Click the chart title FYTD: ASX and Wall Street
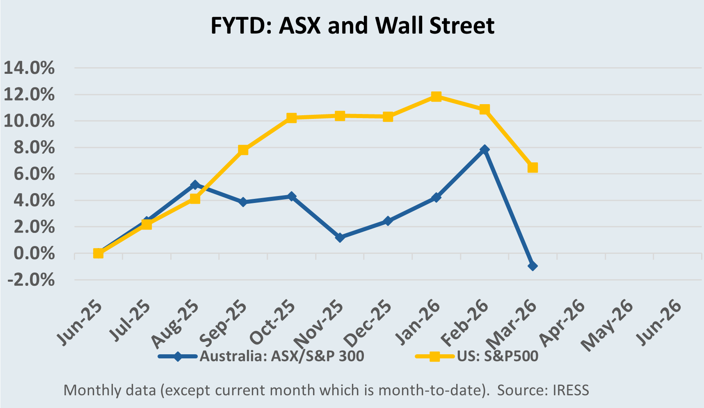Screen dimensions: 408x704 (x=352, y=25)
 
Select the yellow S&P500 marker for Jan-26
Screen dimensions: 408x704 (x=436, y=96)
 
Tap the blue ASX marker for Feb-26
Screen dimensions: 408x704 (x=485, y=149)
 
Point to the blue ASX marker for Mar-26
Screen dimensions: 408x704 (x=533, y=266)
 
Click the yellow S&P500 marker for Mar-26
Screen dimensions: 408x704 (x=533, y=167)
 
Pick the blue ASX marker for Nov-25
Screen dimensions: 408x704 (x=339, y=237)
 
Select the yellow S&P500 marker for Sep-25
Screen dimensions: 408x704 (x=243, y=150)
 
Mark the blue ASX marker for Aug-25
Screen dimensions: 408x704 (x=195, y=185)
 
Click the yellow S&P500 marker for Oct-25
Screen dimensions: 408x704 (x=291, y=118)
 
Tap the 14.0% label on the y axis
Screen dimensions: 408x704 (x=29, y=68)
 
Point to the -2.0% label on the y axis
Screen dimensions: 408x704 (x=30, y=280)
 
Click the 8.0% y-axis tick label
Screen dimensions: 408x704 (x=34, y=148)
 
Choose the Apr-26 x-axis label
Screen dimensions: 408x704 (x=562, y=324)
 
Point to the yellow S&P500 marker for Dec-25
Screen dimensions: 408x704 (x=388, y=117)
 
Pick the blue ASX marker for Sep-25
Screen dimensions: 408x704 (x=243, y=202)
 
